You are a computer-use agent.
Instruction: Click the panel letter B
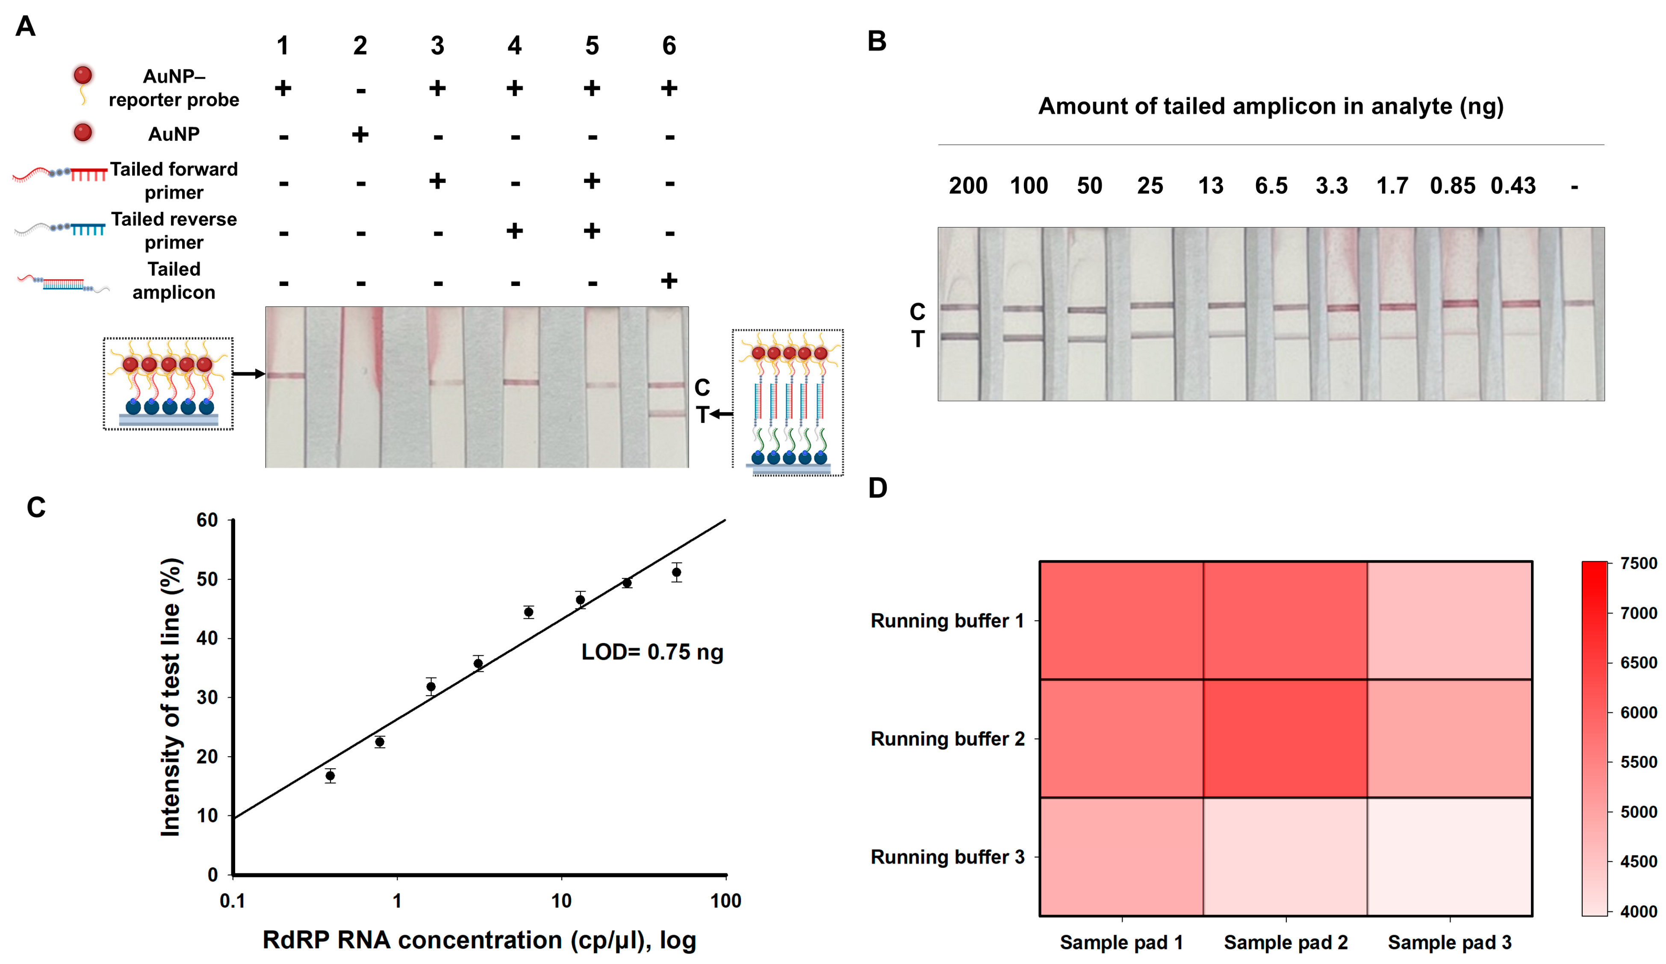pyautogui.click(x=877, y=41)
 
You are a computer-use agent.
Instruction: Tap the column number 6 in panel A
pyautogui.click(x=669, y=46)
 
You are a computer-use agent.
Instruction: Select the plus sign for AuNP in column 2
pyautogui.click(x=360, y=135)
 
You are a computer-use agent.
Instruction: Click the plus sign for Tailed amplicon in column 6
pyautogui.click(x=669, y=281)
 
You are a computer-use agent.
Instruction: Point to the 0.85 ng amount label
pyautogui.click(x=1453, y=186)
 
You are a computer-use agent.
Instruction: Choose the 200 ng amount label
pyautogui.click(x=968, y=186)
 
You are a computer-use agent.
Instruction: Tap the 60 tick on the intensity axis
pyautogui.click(x=207, y=520)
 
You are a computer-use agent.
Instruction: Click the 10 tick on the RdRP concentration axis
pyautogui.click(x=561, y=901)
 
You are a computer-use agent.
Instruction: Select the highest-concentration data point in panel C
pyautogui.click(x=676, y=572)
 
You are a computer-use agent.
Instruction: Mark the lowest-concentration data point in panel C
pyautogui.click(x=330, y=775)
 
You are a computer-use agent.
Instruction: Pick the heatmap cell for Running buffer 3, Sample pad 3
pyautogui.click(x=1449, y=857)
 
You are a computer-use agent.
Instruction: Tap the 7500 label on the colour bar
pyautogui.click(x=1638, y=563)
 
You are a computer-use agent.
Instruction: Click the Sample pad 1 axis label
pyautogui.click(x=1121, y=942)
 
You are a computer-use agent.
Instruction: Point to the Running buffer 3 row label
pyautogui.click(x=947, y=857)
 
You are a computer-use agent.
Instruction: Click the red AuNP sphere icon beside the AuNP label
pyautogui.click(x=83, y=132)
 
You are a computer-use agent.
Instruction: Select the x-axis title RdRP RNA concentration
pyautogui.click(x=479, y=940)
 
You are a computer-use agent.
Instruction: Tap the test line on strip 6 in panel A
pyautogui.click(x=666, y=414)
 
